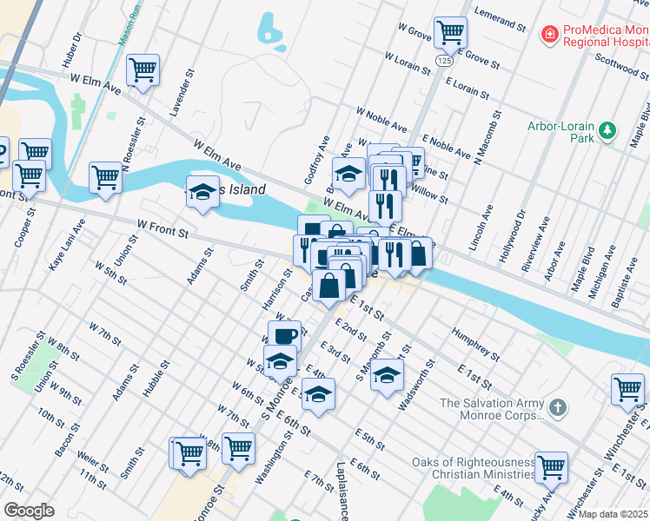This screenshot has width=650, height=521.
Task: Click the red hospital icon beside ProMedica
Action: [550, 35]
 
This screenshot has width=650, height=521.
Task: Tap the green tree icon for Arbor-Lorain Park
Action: [608, 132]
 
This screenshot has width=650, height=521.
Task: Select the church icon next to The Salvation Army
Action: [559, 406]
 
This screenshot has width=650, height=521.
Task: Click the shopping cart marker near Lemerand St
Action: [450, 33]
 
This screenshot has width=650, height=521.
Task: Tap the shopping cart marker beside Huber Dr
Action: [143, 70]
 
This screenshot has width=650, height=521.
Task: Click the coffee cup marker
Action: [283, 334]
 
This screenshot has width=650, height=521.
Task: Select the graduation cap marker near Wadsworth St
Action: [388, 375]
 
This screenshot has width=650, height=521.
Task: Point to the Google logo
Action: [30, 511]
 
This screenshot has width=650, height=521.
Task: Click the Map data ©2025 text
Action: [613, 514]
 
